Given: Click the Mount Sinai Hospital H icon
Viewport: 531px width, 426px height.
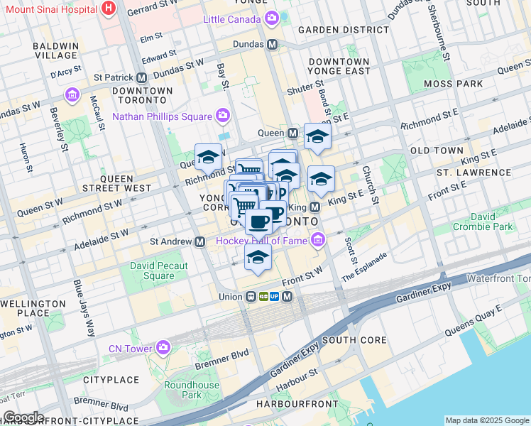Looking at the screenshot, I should (x=108, y=9).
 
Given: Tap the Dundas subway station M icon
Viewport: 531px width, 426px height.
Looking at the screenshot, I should (x=272, y=45).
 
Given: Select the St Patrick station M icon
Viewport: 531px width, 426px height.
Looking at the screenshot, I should (x=142, y=77).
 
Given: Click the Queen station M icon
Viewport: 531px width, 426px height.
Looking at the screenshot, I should (x=292, y=133).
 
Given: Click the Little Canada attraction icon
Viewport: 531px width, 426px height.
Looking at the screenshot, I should (x=271, y=18).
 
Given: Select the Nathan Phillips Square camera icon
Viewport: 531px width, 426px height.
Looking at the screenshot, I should (x=223, y=116).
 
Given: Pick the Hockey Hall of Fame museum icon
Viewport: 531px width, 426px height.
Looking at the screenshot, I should (x=317, y=241).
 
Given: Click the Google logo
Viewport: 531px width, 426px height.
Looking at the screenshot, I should (x=23, y=417).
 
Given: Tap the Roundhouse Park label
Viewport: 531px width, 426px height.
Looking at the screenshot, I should (x=192, y=390).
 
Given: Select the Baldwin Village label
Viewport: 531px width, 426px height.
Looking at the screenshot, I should (x=55, y=50).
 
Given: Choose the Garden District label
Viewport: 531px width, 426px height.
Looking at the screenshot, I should (x=344, y=30).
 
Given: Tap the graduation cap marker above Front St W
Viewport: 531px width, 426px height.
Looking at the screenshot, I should (x=258, y=258).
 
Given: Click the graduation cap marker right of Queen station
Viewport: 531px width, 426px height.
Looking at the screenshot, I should (x=317, y=137).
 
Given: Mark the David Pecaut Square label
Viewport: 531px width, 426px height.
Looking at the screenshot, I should (x=153, y=271).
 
